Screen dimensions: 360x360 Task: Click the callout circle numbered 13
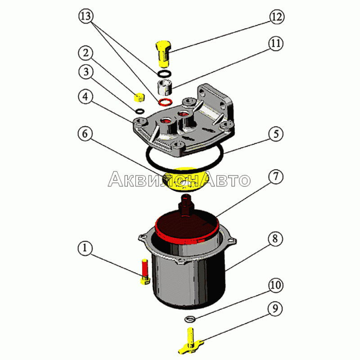click(86, 16)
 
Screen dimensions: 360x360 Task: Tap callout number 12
click(277, 17)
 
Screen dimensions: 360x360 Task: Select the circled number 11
click(275, 43)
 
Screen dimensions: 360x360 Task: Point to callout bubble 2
click(85, 53)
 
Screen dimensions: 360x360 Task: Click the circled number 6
click(85, 134)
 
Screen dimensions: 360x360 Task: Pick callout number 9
click(275, 309)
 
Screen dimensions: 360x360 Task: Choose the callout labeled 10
click(275, 285)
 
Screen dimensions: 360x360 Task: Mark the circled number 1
click(85, 248)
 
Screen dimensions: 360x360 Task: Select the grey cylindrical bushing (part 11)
click(165, 87)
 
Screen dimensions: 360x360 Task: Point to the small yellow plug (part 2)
click(139, 97)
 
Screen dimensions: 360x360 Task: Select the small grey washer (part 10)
click(190, 319)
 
